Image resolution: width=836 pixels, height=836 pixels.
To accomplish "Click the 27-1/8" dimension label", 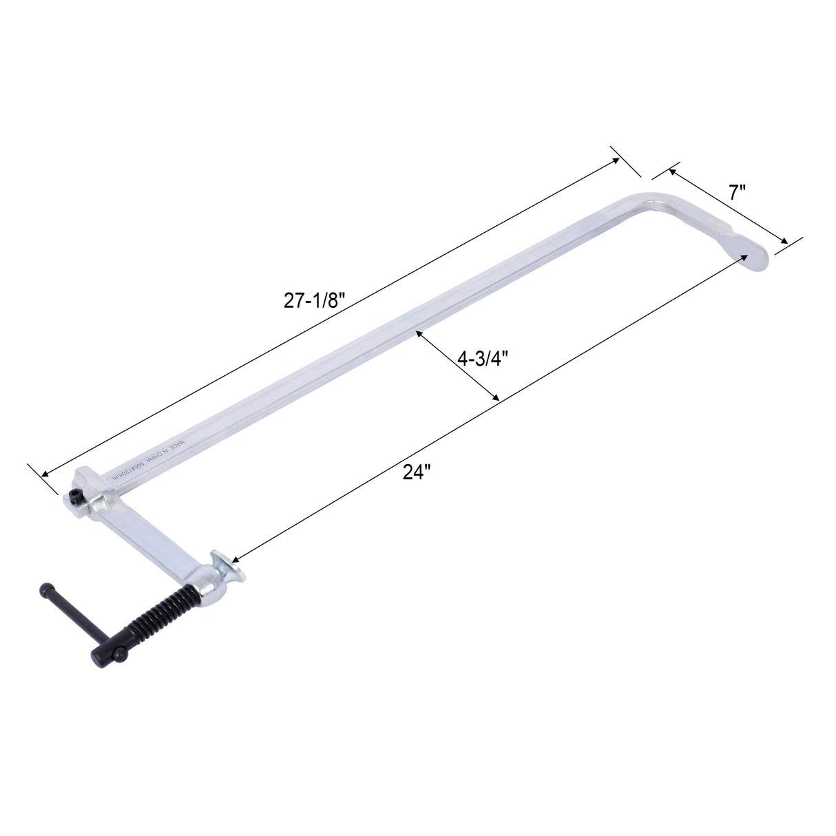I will [313, 301].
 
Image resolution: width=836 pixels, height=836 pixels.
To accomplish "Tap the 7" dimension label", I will [738, 192].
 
